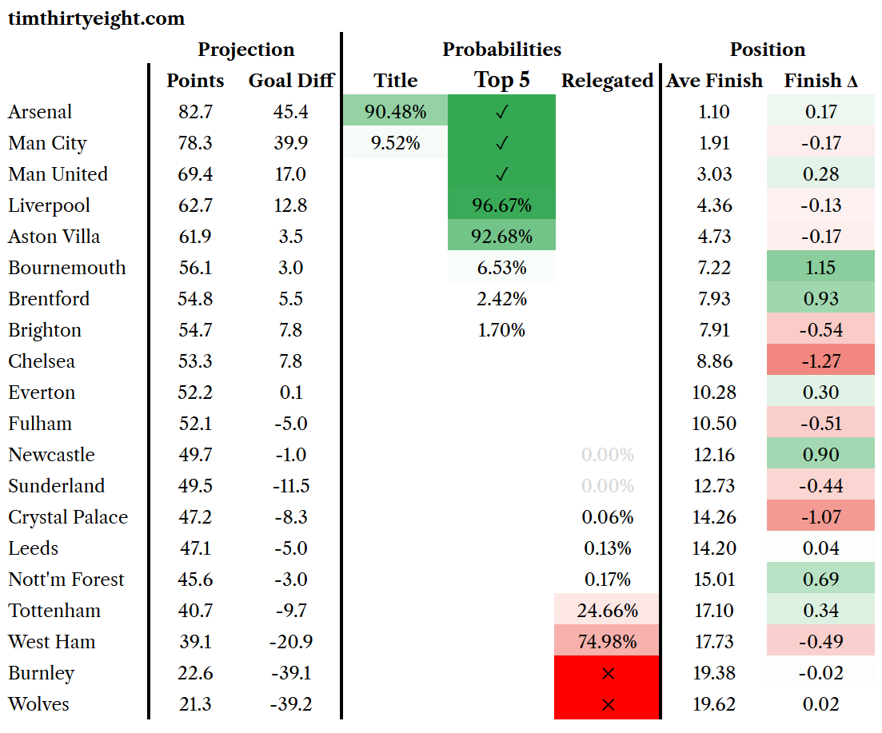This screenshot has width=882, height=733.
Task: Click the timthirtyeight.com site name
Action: click(x=96, y=19)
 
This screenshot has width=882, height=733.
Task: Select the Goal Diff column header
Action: click(x=291, y=81)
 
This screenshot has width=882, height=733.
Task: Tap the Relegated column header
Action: click(x=608, y=81)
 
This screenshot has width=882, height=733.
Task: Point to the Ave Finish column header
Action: click(x=714, y=81)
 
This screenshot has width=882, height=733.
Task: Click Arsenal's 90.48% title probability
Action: click(x=396, y=111)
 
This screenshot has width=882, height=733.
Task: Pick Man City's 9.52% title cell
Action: click(x=396, y=143)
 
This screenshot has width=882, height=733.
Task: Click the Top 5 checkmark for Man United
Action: click(x=501, y=174)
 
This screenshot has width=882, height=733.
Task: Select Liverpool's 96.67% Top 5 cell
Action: click(x=501, y=205)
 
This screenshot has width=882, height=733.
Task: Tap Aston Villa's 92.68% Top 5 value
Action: click(x=501, y=236)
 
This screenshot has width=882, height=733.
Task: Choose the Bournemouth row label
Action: click(x=67, y=268)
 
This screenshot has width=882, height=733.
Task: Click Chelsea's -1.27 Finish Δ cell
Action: click(x=821, y=361)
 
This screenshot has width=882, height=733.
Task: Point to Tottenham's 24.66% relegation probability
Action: click(x=608, y=611)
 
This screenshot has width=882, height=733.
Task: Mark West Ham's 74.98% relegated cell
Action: click(x=608, y=641)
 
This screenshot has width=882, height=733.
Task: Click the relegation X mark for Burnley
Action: click(x=608, y=673)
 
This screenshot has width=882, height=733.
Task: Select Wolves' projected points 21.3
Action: click(x=195, y=703)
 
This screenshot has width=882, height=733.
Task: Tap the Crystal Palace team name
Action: click(x=68, y=517)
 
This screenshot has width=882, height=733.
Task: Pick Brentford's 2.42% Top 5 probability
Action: click(x=501, y=298)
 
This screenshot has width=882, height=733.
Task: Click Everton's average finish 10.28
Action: click(x=714, y=392)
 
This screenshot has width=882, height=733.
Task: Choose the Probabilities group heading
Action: click(x=501, y=50)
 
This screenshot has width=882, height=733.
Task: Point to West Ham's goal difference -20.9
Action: click(x=291, y=641)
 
